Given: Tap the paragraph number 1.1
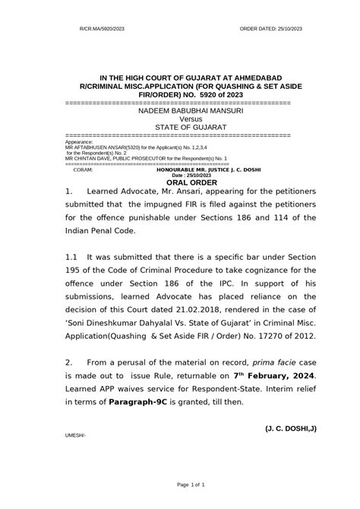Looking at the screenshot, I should (x=72, y=258).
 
